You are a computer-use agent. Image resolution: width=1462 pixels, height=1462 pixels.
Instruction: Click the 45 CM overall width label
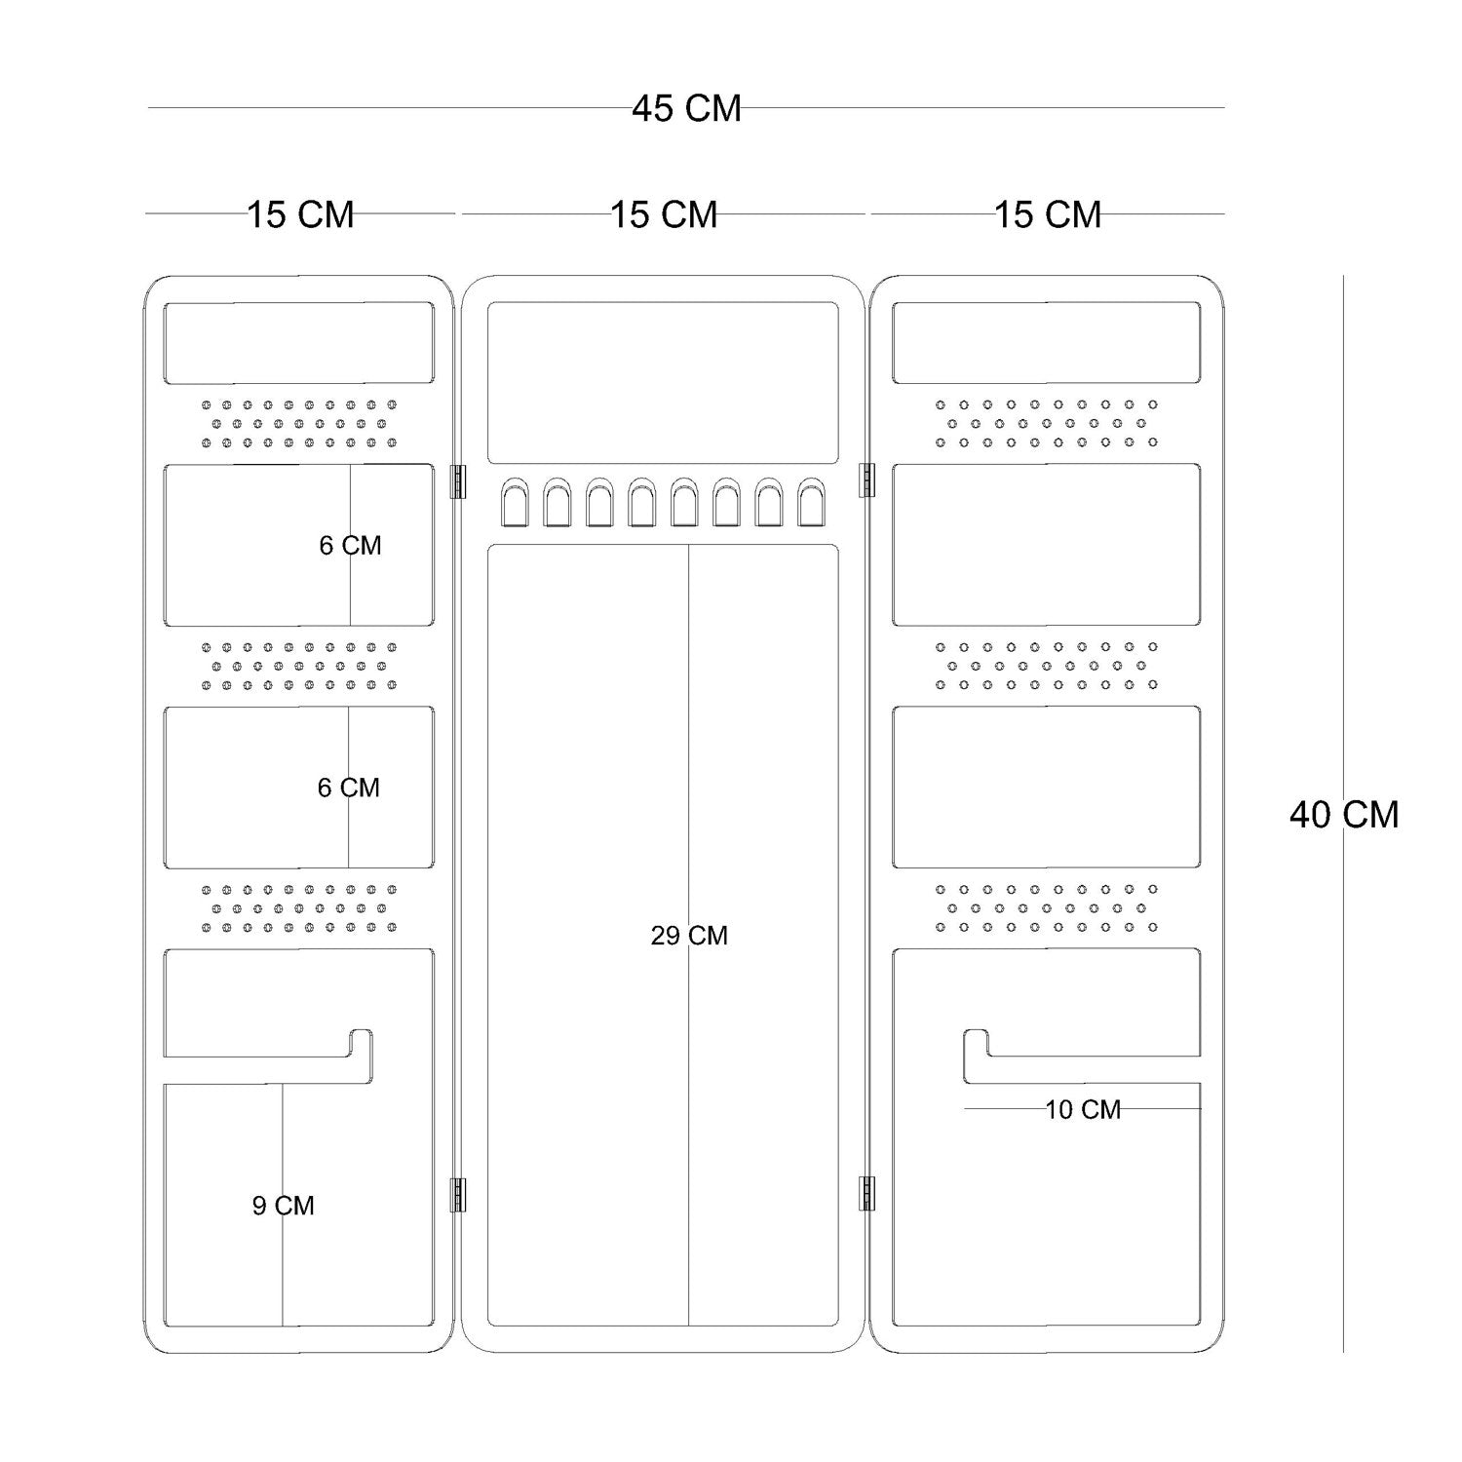click(686, 108)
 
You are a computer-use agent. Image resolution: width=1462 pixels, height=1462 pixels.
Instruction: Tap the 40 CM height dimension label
click(1343, 814)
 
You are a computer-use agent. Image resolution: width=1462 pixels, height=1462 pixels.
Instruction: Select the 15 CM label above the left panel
click(300, 214)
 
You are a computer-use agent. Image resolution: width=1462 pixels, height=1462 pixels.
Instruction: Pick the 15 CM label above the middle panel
click(664, 214)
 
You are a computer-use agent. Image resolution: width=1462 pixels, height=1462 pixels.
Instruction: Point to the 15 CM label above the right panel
click(1048, 214)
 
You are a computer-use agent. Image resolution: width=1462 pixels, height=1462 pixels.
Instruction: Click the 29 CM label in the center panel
click(689, 936)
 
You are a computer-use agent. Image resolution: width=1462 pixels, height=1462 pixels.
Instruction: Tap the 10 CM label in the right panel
click(1083, 1109)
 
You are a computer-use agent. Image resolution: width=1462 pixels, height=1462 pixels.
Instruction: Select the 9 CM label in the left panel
click(283, 1206)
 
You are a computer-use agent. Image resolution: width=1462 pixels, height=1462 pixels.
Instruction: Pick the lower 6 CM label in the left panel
click(348, 788)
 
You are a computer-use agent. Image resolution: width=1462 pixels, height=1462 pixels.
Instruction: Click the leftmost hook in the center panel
click(513, 502)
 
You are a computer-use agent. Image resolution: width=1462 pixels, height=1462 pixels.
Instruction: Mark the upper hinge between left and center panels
click(457, 481)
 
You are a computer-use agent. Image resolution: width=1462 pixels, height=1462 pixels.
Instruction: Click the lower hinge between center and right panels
click(866, 1194)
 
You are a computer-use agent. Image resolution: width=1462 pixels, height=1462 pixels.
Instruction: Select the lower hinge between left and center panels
click(457, 1194)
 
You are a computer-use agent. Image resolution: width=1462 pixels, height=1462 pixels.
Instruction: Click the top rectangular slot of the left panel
click(298, 342)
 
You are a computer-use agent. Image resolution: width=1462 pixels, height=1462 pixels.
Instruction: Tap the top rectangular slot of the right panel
click(1046, 342)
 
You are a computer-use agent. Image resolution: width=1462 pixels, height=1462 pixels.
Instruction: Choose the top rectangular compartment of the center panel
click(663, 382)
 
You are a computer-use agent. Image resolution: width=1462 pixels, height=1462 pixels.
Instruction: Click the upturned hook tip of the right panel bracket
click(977, 1041)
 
